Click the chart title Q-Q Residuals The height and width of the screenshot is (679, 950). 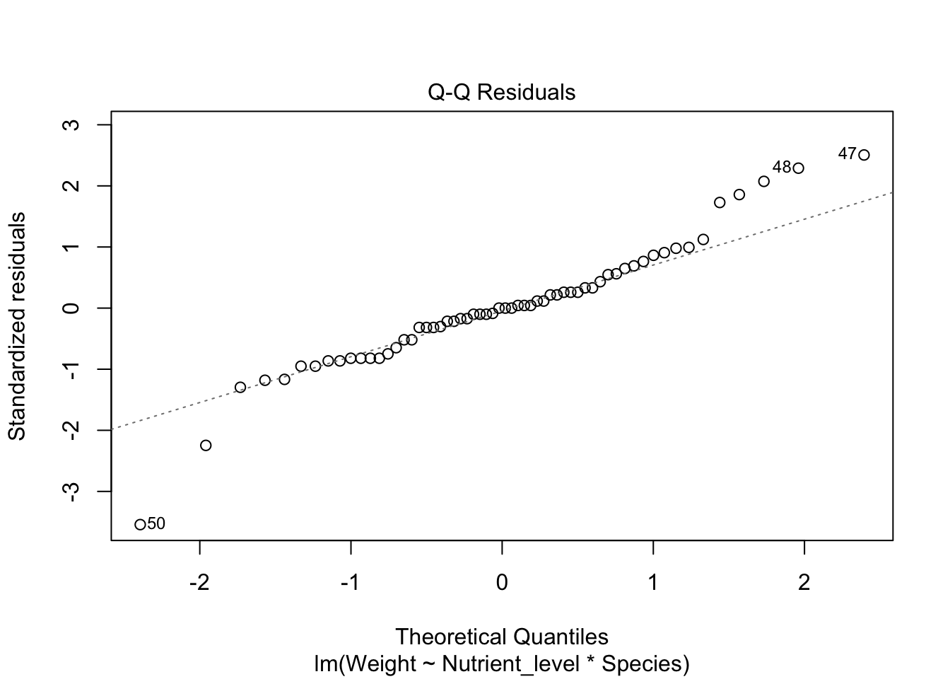pos(501,93)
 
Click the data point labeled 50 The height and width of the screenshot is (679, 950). pos(140,524)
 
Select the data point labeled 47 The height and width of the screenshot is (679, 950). pos(864,155)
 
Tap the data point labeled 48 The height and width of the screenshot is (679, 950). pos(798,168)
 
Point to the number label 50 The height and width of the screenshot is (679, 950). pos(156,524)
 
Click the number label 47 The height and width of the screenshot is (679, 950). pos(847,153)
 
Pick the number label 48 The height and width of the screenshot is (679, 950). pos(781,168)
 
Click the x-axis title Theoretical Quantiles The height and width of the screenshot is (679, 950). pos(501,637)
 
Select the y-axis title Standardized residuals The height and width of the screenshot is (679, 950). pos(17,325)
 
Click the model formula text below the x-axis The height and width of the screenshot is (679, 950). pos(501,664)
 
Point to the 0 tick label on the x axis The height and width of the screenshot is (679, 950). pos(502,584)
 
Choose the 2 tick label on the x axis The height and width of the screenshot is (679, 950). pos(804,584)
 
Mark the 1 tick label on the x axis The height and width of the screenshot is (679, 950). pos(653,584)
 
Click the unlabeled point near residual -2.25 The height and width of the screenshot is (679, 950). pos(206,446)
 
